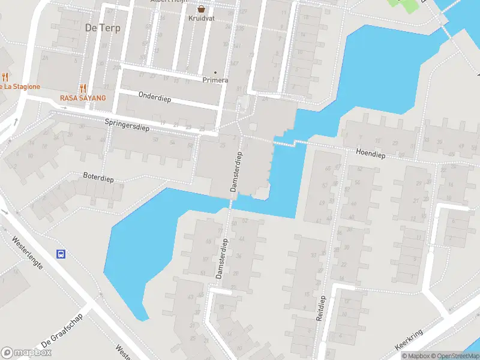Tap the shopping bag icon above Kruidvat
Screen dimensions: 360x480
click(202, 9)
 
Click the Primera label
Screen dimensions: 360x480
click(215, 80)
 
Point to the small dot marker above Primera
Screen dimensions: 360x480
click(215, 73)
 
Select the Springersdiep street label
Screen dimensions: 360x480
click(126, 124)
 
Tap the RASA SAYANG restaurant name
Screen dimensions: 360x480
click(83, 98)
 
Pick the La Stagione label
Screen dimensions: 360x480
click(19, 86)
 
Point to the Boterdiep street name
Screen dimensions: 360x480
click(98, 178)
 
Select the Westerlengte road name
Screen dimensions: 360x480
click(28, 253)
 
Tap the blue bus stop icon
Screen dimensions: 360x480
click(61, 254)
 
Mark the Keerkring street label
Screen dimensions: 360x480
click(410, 339)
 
